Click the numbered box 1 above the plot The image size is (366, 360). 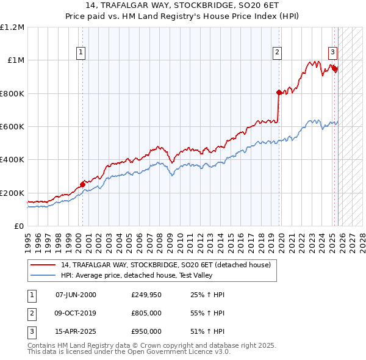(x=81, y=53)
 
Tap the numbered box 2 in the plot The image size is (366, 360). (x=277, y=53)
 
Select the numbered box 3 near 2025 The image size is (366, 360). (x=333, y=53)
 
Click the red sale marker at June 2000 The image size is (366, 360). (x=82, y=184)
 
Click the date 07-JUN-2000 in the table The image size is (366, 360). (x=76, y=295)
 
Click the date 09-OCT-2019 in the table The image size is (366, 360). (x=76, y=313)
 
